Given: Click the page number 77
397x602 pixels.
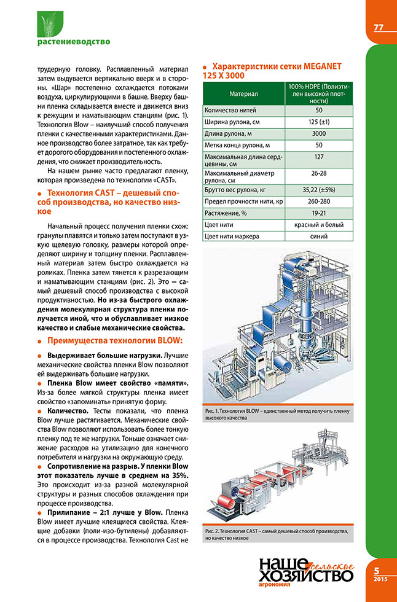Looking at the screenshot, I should coord(379,28).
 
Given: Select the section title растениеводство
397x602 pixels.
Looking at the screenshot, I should coord(65,42).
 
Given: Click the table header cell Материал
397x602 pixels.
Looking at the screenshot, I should coord(243,94).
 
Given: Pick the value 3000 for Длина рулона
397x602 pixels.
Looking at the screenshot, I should coord(318,133).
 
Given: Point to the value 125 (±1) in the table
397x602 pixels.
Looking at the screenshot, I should coord(318,122).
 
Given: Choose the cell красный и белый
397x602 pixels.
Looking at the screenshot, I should coord(318,225).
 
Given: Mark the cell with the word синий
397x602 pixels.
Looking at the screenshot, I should coord(318,236).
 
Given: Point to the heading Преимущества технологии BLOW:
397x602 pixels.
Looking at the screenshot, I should coord(116,341).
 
